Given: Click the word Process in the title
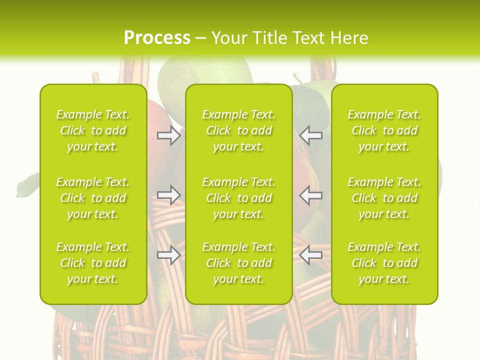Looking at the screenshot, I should pyautogui.click(x=157, y=38).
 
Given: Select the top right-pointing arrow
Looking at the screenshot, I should pyautogui.click(x=168, y=135).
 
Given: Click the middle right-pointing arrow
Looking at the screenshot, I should pyautogui.click(x=168, y=195).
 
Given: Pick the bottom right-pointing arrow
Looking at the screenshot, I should pyautogui.click(x=168, y=255).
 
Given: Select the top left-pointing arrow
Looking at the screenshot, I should pyautogui.click(x=311, y=135).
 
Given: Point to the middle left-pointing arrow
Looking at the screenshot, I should pyautogui.click(x=311, y=195).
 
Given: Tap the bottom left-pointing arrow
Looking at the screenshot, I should pyautogui.click(x=311, y=255).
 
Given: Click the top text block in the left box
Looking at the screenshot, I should pyautogui.click(x=93, y=130).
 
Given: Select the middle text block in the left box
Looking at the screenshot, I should pyautogui.click(x=93, y=198).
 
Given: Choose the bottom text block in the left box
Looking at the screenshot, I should pyautogui.click(x=93, y=263).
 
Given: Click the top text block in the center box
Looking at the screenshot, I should pyautogui.click(x=238, y=130).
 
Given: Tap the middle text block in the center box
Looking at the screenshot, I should pyautogui.click(x=238, y=198).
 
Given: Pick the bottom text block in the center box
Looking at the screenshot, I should pyautogui.click(x=238, y=263).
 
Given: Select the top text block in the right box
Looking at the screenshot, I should pyautogui.click(x=384, y=130).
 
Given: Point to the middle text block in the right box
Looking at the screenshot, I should pyautogui.click(x=384, y=198).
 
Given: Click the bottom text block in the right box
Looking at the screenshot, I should pyautogui.click(x=384, y=263).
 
